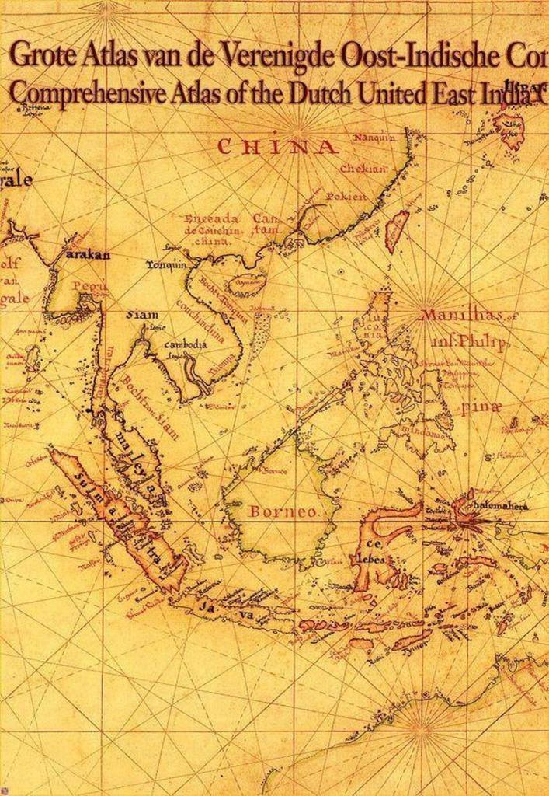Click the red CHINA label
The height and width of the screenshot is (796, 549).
(x=277, y=147)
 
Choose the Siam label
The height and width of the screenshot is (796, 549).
(x=142, y=315)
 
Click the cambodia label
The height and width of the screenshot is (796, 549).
(x=187, y=344)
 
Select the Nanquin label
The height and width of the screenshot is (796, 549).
(x=374, y=138)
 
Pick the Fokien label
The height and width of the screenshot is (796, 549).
(x=346, y=197)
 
